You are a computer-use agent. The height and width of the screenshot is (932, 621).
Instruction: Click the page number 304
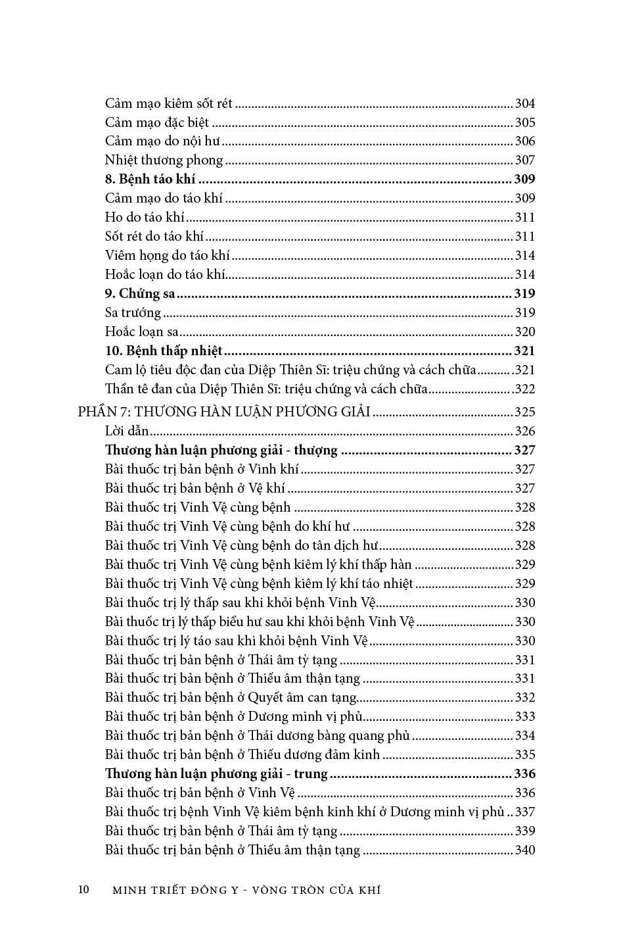point(524,104)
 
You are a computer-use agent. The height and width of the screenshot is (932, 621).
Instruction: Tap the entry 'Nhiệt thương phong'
point(164,160)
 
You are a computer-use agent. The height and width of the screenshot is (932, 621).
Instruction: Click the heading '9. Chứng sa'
point(139,294)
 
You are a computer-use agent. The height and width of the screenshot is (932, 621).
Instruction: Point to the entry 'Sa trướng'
point(133,313)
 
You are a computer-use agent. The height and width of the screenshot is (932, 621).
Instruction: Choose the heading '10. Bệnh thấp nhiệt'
point(164,351)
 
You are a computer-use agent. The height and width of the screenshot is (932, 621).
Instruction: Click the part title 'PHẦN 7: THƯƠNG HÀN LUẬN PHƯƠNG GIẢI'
point(224,412)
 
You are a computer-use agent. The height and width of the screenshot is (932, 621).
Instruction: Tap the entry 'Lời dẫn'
point(127,431)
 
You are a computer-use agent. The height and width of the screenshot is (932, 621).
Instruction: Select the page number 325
point(524,412)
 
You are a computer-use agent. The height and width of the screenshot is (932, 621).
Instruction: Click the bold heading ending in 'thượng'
point(221,451)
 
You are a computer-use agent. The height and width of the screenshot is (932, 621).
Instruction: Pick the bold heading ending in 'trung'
point(216,774)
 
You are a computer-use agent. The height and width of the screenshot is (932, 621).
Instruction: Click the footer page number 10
point(83,890)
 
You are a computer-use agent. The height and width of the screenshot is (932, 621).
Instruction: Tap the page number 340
point(524,850)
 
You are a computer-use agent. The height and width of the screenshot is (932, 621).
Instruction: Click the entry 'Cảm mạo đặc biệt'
point(156,123)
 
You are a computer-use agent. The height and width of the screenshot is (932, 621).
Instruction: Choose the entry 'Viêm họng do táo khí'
point(167,256)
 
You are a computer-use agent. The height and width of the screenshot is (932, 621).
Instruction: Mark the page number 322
point(524,389)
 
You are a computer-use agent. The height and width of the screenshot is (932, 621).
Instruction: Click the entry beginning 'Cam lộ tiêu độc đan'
point(290,370)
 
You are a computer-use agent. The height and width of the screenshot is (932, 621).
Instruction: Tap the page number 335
point(524,755)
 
